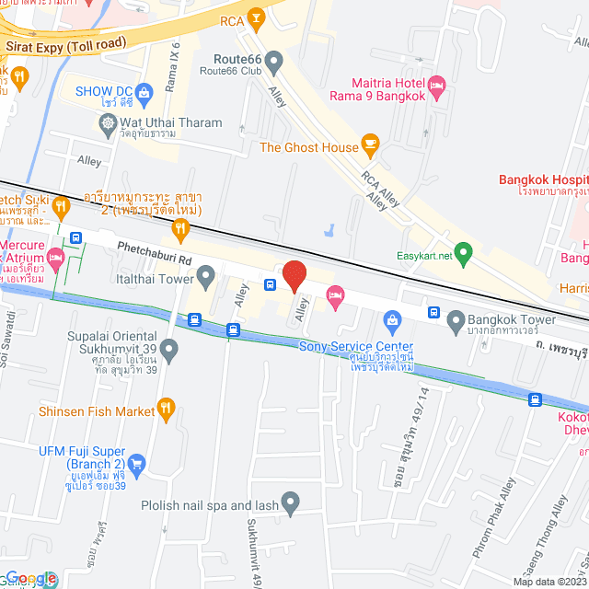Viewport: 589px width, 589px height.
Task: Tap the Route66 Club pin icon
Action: click(274, 61)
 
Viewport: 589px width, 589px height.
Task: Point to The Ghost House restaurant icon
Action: click(370, 143)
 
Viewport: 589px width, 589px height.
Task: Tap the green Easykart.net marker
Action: click(465, 251)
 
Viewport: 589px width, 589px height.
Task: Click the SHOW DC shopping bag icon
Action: click(144, 91)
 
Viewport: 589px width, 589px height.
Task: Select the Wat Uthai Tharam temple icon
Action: click(109, 121)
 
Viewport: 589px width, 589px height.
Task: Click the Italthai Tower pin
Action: click(206, 275)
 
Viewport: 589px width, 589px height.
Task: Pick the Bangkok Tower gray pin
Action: click(455, 321)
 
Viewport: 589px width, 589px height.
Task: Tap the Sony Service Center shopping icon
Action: click(393, 321)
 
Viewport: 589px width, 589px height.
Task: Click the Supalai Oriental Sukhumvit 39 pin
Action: click(168, 349)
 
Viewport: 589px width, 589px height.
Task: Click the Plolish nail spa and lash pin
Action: click(291, 503)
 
